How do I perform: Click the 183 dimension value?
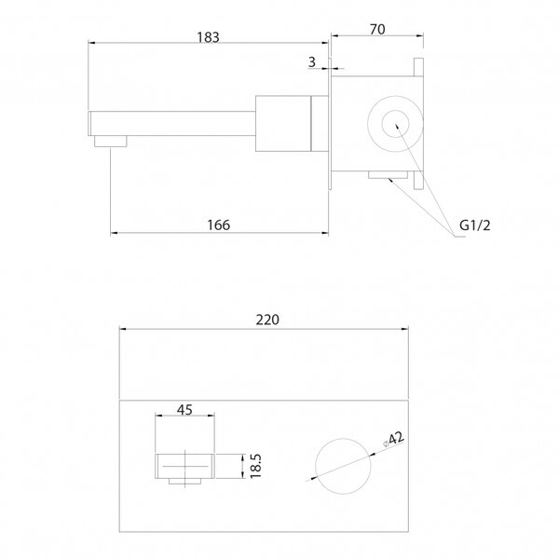click(208, 37)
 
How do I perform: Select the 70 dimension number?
click(377, 30)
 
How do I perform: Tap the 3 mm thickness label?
click(312, 62)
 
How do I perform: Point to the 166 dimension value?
click(219, 225)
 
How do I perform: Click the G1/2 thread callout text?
click(475, 225)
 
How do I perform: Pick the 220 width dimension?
click(267, 320)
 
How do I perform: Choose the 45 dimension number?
click(184, 410)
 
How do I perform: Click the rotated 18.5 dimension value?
click(256, 466)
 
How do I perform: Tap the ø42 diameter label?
click(393, 439)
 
